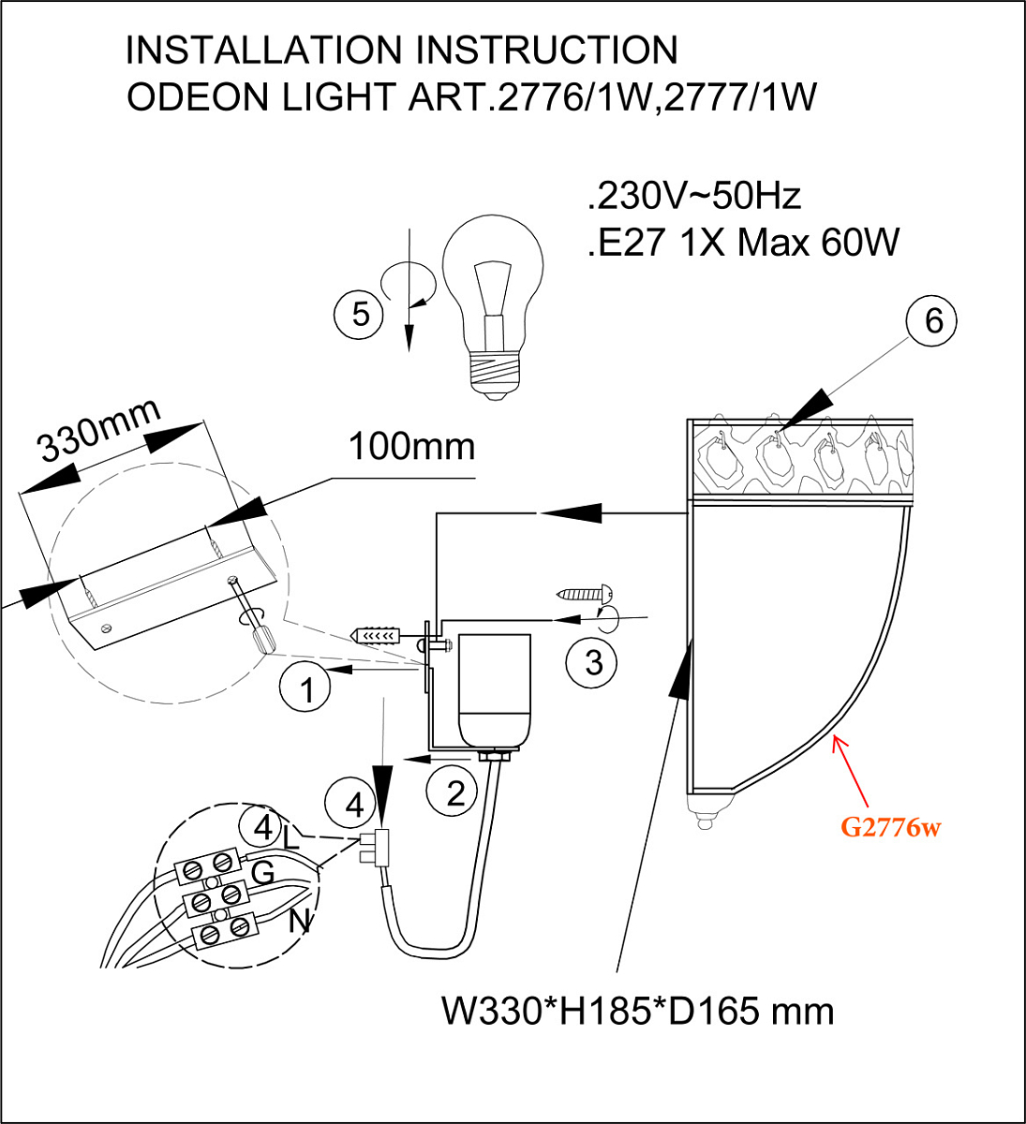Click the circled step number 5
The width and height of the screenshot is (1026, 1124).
point(358,314)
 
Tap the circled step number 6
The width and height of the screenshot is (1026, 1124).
point(931,321)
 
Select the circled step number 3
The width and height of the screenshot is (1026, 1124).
point(592,663)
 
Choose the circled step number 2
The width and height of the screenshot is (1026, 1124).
point(452,792)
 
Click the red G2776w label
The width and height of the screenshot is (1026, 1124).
point(891,827)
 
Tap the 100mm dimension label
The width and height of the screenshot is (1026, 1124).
point(412,447)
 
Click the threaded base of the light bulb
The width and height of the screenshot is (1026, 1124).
point(494,375)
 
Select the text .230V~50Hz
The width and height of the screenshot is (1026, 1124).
point(694,196)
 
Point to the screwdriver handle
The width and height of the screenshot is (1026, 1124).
point(262,640)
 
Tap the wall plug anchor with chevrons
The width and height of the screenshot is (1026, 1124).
point(377,635)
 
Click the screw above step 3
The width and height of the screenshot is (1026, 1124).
point(586,593)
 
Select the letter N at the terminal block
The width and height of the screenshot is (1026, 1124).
point(300,920)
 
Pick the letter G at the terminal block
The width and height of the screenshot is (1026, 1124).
point(262,872)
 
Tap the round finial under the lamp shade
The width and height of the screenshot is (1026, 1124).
point(705,822)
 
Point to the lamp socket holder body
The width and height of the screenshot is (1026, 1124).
point(494,692)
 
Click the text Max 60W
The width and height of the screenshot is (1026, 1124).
point(818,243)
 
